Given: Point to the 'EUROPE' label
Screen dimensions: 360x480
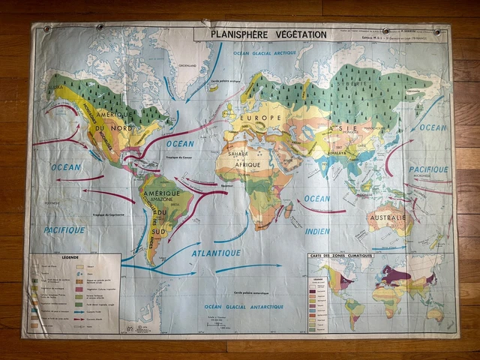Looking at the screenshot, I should point(260,118).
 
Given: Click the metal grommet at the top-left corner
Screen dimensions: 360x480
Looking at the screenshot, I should point(46,29).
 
